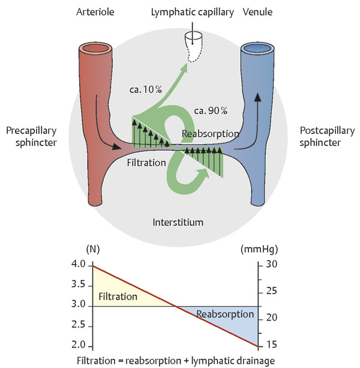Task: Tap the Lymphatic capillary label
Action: [x=193, y=11]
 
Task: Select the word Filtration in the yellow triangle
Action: [x=118, y=297]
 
